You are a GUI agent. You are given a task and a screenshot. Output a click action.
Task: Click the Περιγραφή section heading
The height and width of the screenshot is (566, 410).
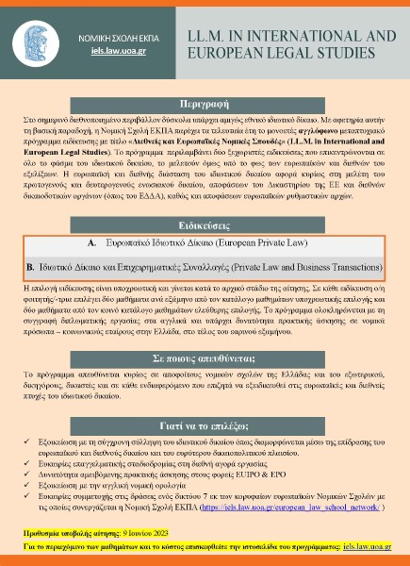[205, 102]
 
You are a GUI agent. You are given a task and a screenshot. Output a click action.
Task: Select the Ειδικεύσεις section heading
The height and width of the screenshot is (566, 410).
[205, 227]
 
